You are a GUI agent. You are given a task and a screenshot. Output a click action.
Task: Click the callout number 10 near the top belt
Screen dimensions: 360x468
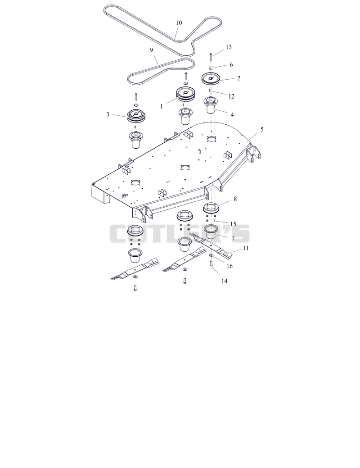click(179, 23)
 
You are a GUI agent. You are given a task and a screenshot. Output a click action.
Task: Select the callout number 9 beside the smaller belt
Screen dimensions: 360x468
click(151, 50)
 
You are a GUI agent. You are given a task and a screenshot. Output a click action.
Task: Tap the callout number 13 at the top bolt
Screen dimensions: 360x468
click(229, 47)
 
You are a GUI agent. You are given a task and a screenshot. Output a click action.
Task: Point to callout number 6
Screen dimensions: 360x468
click(231, 65)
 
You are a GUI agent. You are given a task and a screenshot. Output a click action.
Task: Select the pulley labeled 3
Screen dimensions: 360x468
click(136, 116)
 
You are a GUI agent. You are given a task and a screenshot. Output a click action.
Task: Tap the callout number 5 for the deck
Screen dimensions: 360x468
click(262, 129)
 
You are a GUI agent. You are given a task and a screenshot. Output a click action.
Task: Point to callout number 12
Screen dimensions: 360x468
click(231, 96)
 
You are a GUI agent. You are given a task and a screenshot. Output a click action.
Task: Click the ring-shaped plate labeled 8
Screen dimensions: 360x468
click(211, 208)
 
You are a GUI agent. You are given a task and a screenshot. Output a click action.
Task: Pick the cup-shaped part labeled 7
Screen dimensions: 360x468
click(211, 232)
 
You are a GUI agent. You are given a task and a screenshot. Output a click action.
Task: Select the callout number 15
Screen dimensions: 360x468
click(233, 224)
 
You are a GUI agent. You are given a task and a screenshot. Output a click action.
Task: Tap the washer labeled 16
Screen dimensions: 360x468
click(211, 255)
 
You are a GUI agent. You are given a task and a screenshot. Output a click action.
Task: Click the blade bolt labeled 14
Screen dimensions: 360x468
click(211, 264)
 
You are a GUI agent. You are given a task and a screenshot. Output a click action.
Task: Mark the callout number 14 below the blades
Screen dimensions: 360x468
click(224, 281)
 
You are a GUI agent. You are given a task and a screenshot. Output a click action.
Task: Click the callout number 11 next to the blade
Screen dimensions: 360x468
click(246, 248)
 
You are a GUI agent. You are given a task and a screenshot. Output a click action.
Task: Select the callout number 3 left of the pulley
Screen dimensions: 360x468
click(108, 114)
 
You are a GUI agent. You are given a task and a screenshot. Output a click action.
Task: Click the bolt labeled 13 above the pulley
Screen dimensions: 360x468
click(211, 57)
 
